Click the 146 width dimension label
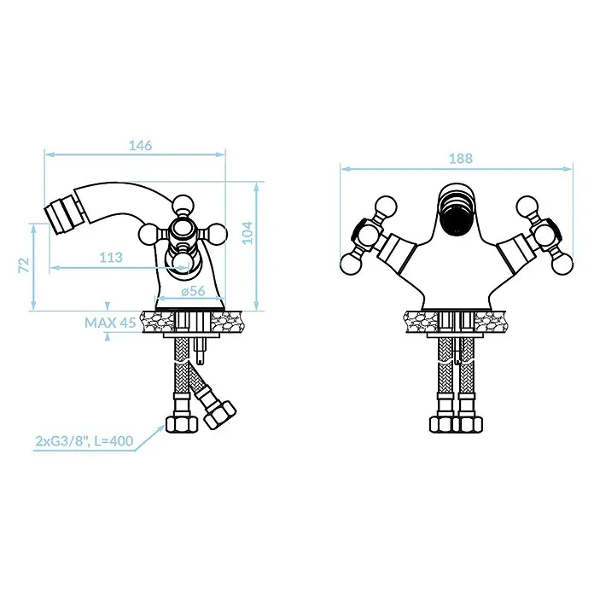(140, 145)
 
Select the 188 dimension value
(461, 159)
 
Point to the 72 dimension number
(24, 265)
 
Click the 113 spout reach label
(111, 258)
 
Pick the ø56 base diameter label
(193, 291)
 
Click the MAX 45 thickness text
(110, 323)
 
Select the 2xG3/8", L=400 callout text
(84, 441)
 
